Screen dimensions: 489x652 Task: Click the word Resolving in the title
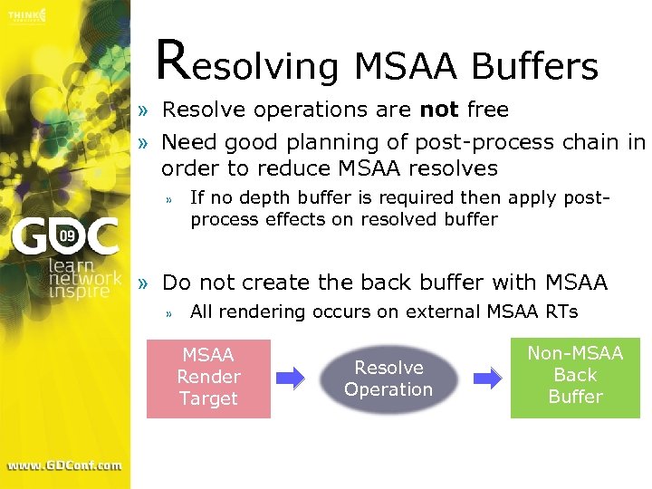[x=246, y=63]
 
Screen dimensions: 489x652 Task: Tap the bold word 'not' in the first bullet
[x=439, y=110]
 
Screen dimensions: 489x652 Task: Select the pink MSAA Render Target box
[x=208, y=378]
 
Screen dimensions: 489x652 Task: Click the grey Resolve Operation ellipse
[x=388, y=379]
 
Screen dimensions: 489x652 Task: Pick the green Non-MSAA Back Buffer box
[x=575, y=376]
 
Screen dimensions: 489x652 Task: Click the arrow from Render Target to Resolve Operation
[x=291, y=379]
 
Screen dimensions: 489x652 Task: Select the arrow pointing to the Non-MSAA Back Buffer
[x=488, y=379]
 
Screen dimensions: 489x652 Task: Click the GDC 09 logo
[x=65, y=237]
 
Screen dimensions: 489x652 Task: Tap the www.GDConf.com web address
[x=64, y=465]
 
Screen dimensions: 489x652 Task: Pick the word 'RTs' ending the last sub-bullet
[x=561, y=312]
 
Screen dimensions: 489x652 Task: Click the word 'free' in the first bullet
[x=488, y=110]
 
